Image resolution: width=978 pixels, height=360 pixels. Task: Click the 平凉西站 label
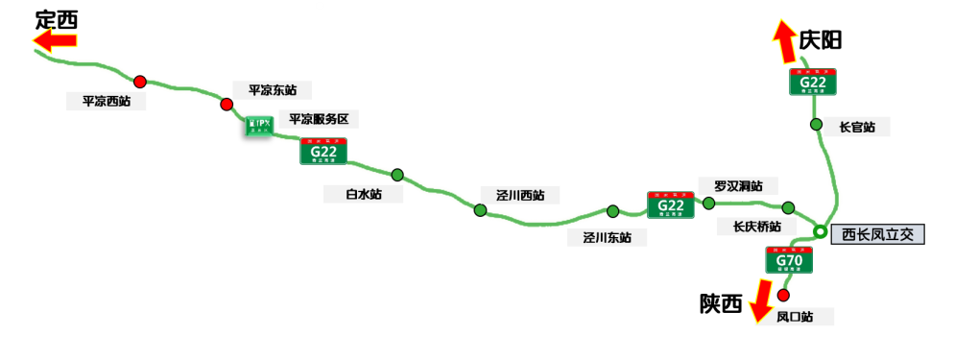pyautogui.click(x=107, y=101)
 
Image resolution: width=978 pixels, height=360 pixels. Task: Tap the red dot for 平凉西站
pyautogui.click(x=140, y=82)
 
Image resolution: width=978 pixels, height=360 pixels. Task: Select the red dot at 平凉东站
pyautogui.click(x=227, y=105)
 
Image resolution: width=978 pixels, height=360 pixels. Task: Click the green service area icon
pyautogui.click(x=259, y=125)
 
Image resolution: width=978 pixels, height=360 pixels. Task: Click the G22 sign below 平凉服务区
pyautogui.click(x=323, y=151)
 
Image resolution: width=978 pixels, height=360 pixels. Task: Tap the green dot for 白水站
pyautogui.click(x=397, y=175)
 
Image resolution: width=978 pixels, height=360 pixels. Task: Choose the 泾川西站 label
pyautogui.click(x=521, y=195)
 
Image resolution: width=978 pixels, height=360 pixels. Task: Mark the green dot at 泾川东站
pyautogui.click(x=612, y=211)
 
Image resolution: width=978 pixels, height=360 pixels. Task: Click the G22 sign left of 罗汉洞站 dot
pyautogui.click(x=670, y=204)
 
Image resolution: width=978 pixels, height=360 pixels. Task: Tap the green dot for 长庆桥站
pyautogui.click(x=788, y=208)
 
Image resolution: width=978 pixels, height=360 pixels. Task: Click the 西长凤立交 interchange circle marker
pyautogui.click(x=821, y=231)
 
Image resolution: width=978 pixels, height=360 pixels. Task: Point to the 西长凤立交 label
pyautogui.click(x=877, y=234)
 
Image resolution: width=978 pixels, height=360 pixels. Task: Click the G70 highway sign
pyautogui.click(x=789, y=259)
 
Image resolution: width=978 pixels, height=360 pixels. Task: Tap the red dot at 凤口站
pyautogui.click(x=783, y=295)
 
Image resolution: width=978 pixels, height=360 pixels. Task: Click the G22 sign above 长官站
pyautogui.click(x=813, y=83)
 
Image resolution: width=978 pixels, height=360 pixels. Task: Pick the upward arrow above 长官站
pyautogui.click(x=786, y=41)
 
